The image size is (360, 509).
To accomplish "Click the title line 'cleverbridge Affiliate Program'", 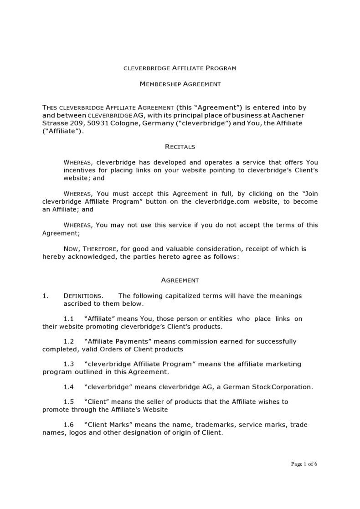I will point(180,68).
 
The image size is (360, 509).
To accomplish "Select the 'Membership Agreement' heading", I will point(180,84).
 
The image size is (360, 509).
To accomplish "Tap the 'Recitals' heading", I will point(180,147).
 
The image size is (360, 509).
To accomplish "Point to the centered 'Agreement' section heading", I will point(180,280).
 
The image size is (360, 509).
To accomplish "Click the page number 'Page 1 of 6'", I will point(304,464).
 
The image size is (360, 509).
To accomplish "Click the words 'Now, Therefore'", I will point(91,249).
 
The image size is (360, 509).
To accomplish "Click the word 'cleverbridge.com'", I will point(222,202).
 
